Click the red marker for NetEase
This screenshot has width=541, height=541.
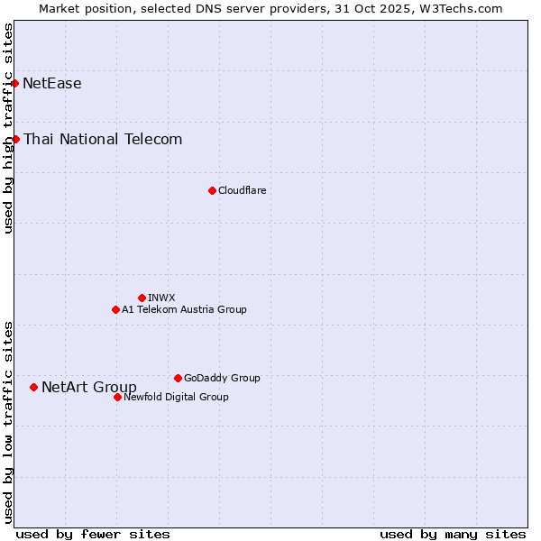pyautogui.click(x=15, y=84)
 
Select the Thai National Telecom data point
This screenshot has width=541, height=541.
pyautogui.click(x=16, y=139)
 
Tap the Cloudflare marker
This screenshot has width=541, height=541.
pyautogui.click(x=212, y=190)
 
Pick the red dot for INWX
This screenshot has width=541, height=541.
pyautogui.click(x=142, y=298)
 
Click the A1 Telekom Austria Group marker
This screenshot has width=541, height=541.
pyautogui.click(x=115, y=309)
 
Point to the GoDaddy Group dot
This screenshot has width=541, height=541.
pyautogui.click(x=178, y=378)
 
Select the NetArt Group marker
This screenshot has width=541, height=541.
pyautogui.click(x=34, y=387)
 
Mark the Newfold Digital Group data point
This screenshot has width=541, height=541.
pyautogui.click(x=117, y=397)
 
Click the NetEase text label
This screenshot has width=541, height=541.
pyautogui.click(x=52, y=84)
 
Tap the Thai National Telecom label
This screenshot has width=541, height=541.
pyautogui.click(x=103, y=139)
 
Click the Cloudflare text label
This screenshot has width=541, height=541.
pyautogui.click(x=243, y=190)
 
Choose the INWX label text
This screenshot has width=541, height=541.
pyautogui.click(x=161, y=298)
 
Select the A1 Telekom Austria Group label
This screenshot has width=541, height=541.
pyautogui.click(x=184, y=309)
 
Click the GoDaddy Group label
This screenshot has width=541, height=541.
pyautogui.click(x=222, y=378)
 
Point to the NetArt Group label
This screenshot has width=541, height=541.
pyautogui.click(x=89, y=388)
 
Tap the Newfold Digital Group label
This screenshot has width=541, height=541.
pyautogui.click(x=176, y=397)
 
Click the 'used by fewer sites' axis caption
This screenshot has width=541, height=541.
pyautogui.click(x=93, y=534)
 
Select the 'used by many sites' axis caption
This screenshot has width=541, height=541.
pyautogui.click(x=453, y=534)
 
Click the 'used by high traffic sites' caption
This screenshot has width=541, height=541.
pyautogui.click(x=9, y=128)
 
